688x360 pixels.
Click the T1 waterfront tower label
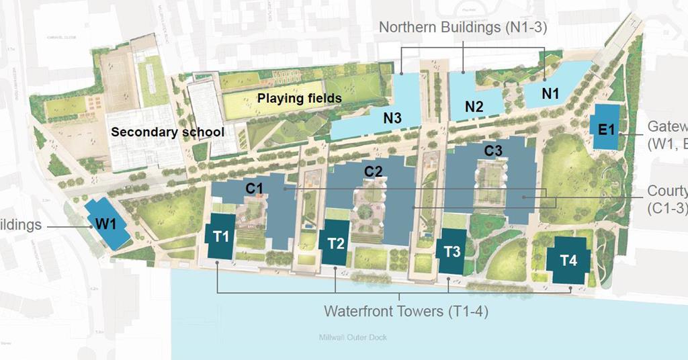[221, 236]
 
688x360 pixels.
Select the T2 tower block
[336, 242]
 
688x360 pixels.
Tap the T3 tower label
[452, 252]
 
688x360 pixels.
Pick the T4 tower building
[568, 261]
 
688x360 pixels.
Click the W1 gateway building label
[108, 223]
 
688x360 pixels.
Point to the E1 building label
[607, 128]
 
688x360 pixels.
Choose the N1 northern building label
[550, 94]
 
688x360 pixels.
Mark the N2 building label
[474, 106]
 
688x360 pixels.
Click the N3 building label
[393, 118]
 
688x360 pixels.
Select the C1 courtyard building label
[254, 189]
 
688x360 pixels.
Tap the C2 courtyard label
[374, 172]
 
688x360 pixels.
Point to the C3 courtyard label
[494, 151]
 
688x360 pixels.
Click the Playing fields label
[300, 99]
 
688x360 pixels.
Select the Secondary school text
[167, 132]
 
